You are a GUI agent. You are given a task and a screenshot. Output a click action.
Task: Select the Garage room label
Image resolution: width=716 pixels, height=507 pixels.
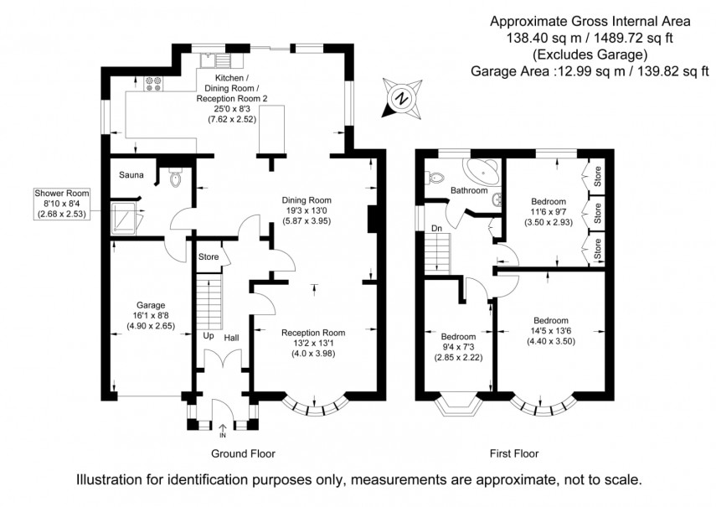point(151,305)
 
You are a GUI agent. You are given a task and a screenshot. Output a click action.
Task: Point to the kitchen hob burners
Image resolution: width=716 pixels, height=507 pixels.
point(153,82)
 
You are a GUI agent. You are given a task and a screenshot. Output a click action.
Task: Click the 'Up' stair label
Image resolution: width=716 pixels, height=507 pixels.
point(209,336)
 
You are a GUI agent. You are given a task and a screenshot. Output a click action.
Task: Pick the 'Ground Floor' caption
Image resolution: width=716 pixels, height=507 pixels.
point(244,453)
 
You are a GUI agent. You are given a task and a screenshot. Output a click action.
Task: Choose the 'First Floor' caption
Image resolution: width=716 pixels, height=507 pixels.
point(514,453)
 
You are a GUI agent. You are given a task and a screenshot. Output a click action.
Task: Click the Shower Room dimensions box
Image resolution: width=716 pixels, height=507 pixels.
point(61,203)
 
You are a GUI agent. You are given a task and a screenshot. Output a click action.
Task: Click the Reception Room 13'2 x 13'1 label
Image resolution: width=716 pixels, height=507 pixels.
point(312,333)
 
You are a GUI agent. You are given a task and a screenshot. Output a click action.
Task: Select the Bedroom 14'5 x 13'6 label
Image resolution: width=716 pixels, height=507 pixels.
point(551,321)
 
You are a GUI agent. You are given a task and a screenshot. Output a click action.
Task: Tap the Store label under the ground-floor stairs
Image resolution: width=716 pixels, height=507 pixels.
point(208,256)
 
